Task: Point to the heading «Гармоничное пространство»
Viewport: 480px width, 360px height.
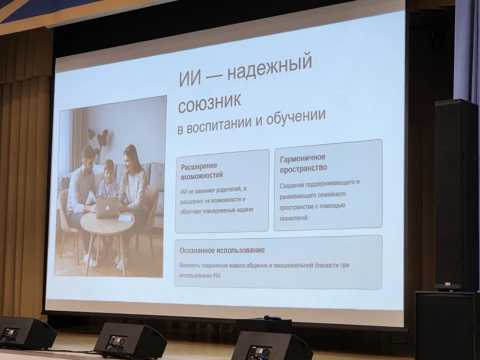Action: pyautogui.click(x=303, y=163)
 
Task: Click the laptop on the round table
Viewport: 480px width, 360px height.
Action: pyautogui.click(x=107, y=207)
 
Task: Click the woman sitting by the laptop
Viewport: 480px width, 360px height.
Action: pyautogui.click(x=132, y=185)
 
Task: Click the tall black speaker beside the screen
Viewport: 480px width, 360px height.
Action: pyautogui.click(x=455, y=195)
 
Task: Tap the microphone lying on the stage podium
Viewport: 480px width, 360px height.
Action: pyautogui.click(x=272, y=317)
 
